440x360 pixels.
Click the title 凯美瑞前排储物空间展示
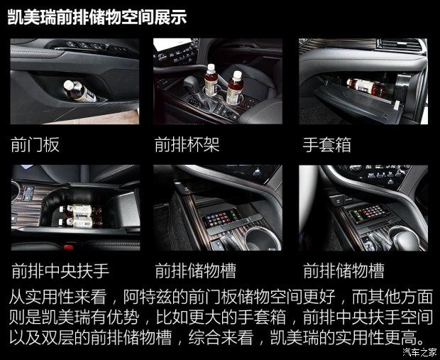pos(97,18)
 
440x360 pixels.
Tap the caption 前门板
pos(35,145)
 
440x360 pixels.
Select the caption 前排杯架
pos(187,145)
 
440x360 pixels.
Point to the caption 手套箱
pos(327,145)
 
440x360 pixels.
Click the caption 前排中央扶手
pos(60,271)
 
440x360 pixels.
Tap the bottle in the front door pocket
pos(79,91)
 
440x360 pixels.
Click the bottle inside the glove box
pos(366,87)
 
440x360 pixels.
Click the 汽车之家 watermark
pos(420,352)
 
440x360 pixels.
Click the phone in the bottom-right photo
pos(369,212)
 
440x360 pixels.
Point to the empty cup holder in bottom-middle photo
pos(263,239)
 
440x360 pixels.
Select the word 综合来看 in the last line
pos(221,337)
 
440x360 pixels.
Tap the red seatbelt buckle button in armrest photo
pos(68,247)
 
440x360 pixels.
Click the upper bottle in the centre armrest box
pos(81,209)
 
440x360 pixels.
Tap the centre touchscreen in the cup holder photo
pos(172,45)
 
